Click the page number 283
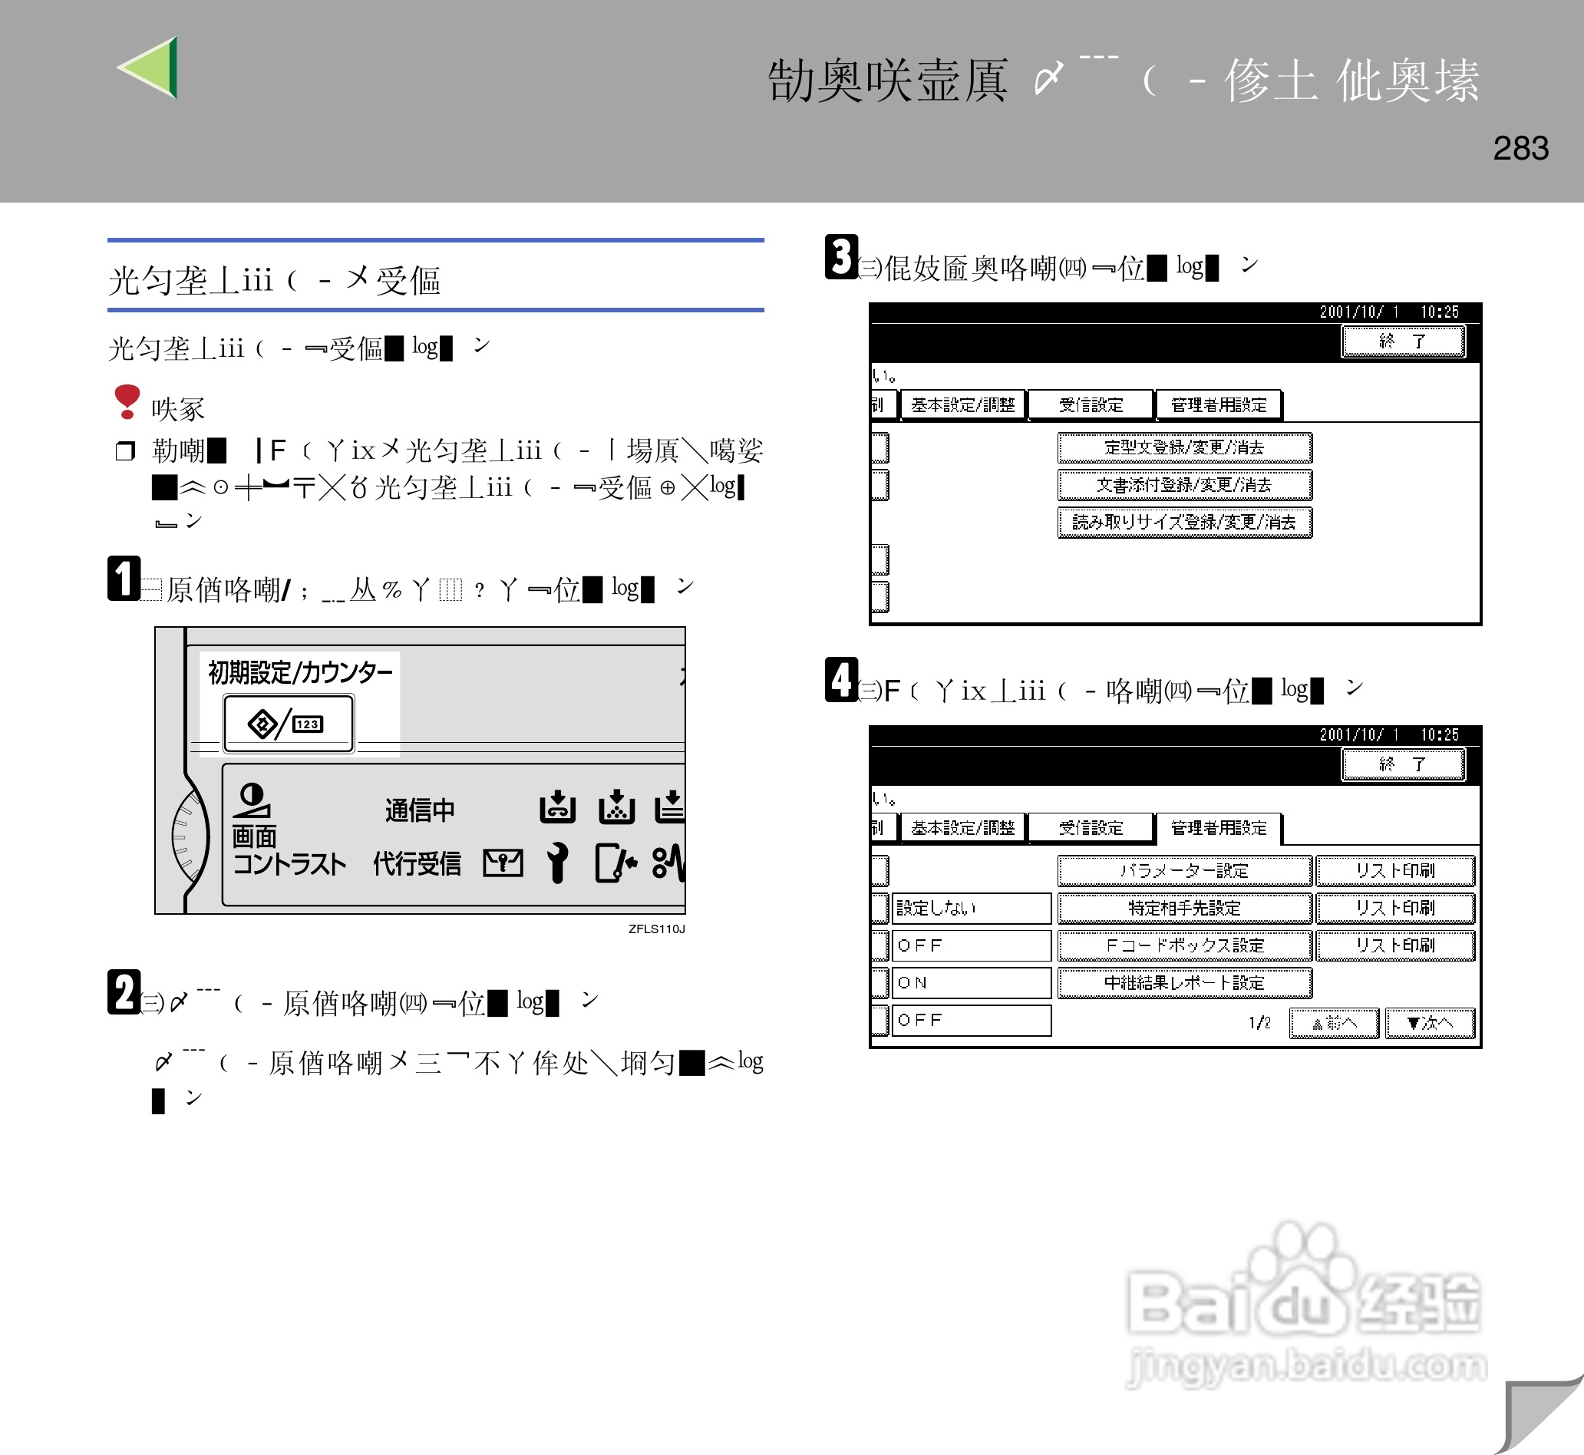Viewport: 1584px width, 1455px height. coord(1520,148)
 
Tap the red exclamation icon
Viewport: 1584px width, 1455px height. coord(127,401)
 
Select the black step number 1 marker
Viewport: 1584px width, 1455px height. coord(124,579)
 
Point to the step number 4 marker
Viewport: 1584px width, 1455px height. coord(841,679)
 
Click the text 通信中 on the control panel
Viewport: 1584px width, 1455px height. coord(420,810)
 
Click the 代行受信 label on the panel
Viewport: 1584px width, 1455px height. coord(417,863)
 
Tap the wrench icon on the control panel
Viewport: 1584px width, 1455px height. coord(557,863)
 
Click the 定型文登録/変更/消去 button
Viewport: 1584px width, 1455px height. coord(1184,447)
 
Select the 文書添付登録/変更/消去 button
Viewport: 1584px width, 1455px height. coord(1184,485)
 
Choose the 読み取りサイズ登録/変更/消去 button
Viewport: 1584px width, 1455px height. coord(1184,522)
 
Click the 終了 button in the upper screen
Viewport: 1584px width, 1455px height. coord(1403,341)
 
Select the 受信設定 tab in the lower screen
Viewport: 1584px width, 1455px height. coord(1091,827)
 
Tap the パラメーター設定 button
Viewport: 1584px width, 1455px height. coord(1184,870)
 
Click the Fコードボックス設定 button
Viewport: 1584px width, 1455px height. coord(1184,945)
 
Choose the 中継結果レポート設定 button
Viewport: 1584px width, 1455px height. coord(1184,982)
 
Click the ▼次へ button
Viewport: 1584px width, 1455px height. coord(1430,1023)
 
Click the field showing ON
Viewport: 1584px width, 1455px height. coord(972,982)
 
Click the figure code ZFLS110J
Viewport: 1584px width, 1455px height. coord(656,929)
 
